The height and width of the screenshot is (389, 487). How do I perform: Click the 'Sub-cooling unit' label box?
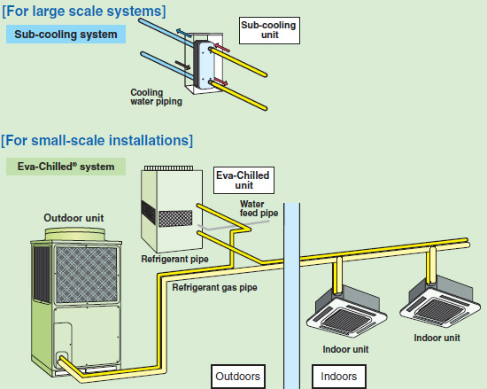tap(269, 30)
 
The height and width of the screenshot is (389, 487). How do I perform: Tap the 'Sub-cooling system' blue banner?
tap(66, 35)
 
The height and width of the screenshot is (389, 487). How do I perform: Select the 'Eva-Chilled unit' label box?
tap(243, 180)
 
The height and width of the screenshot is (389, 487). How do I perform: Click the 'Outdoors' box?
tap(238, 377)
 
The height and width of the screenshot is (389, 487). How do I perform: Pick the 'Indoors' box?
tap(339, 377)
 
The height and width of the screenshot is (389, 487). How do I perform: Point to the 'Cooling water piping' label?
tap(156, 97)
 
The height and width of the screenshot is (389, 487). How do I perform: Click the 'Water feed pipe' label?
tap(259, 208)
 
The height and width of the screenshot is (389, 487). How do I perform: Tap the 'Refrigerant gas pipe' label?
tap(214, 287)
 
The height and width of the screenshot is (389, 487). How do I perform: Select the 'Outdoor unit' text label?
tap(73, 218)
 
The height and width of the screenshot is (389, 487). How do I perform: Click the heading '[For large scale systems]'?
tap(84, 11)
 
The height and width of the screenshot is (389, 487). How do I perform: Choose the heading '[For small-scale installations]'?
tap(97, 140)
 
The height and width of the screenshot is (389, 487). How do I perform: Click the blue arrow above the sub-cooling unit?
tap(184, 32)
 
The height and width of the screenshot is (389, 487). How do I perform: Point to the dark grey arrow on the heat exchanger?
tap(182, 65)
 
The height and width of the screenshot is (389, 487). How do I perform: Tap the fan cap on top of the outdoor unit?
tap(75, 234)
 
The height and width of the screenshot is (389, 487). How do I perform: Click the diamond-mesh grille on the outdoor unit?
tap(87, 275)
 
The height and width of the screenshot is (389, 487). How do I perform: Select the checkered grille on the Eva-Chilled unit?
tap(175, 218)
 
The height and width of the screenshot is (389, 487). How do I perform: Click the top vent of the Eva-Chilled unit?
tap(168, 168)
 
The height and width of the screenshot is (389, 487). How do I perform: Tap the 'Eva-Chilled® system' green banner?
tap(66, 167)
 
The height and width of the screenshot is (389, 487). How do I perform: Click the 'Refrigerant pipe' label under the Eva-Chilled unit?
tap(174, 259)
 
